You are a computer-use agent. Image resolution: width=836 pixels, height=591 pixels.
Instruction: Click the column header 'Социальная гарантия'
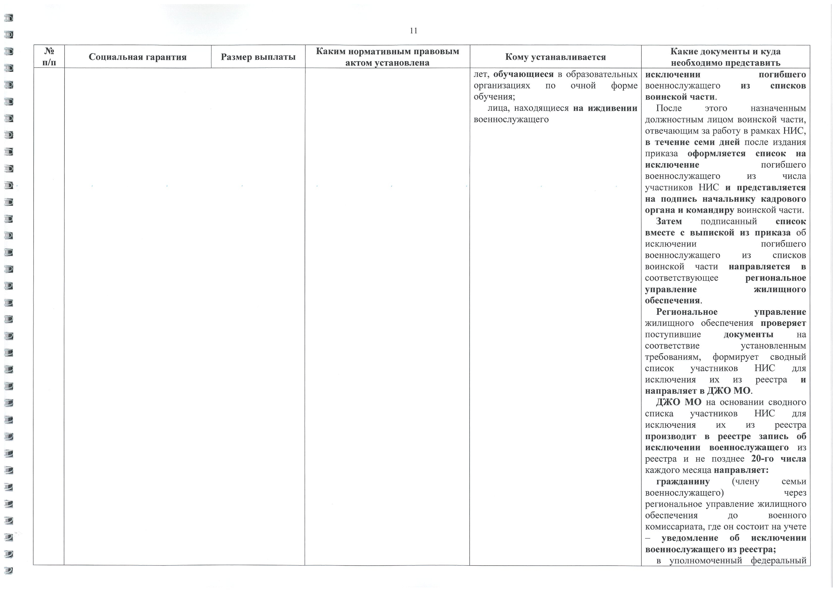138,57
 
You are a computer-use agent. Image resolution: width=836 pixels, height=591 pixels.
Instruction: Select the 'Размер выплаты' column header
258,57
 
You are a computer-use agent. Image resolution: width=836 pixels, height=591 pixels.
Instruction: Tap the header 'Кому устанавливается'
555,57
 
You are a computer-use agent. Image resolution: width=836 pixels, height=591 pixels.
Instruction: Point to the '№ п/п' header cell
49,57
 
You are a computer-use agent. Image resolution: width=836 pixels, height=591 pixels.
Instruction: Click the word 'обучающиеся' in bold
523,74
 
